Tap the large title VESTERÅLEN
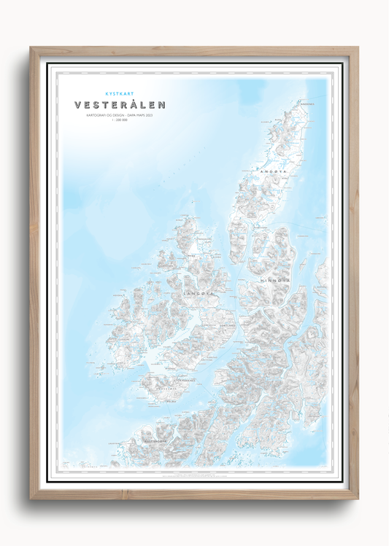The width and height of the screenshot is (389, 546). pos(120,105)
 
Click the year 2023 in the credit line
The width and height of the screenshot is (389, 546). pos(150,115)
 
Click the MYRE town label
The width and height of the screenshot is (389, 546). pos(192,255)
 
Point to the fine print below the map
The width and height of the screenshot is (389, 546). pos(193,475)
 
